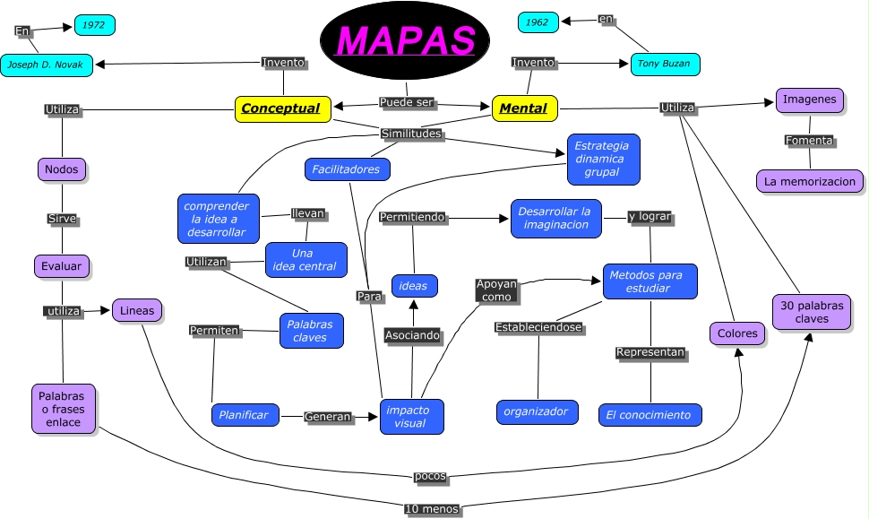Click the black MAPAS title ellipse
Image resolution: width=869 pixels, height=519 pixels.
coord(408,40)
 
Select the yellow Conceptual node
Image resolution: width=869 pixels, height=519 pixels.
coord(282,108)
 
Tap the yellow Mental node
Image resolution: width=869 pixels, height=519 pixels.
coord(524,108)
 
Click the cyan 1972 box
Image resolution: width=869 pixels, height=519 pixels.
coord(94,25)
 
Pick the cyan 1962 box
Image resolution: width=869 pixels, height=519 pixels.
coord(538,22)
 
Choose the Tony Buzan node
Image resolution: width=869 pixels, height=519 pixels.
coord(665,64)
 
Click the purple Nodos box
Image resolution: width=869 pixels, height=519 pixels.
coord(62,169)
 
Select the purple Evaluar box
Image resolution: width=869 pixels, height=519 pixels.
coord(62,266)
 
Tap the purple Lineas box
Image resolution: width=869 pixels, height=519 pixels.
coord(137,311)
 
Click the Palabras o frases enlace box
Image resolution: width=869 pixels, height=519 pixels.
coord(63,409)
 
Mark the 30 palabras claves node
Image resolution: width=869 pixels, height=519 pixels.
coord(811,312)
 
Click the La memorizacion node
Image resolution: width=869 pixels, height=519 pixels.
coord(811,181)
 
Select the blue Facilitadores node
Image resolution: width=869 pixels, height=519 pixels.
coord(347,169)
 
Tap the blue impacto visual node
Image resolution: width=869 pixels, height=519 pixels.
coord(412,416)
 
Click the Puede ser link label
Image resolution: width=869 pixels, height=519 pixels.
coord(407,103)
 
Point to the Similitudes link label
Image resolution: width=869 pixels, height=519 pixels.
coord(411,134)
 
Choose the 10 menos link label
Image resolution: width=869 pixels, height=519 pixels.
coord(433,509)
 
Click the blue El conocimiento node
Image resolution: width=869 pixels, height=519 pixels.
coord(650,415)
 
